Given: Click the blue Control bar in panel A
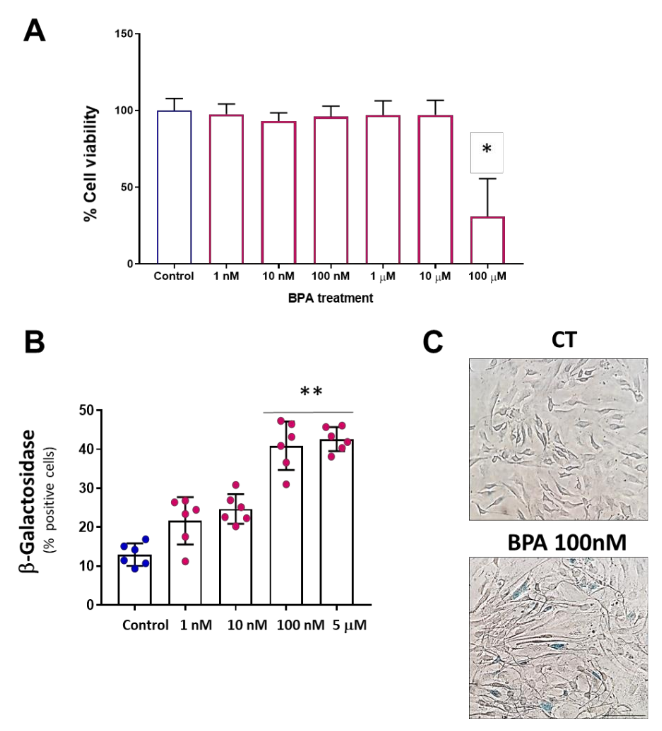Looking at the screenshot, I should tap(174, 187).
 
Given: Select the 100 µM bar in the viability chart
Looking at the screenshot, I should tap(487, 240).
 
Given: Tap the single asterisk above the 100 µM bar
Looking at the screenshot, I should tap(487, 149).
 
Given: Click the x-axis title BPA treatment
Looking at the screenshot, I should tap(330, 298).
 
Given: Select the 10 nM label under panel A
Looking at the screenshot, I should tap(278, 276).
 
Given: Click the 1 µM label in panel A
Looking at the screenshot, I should tap(383, 276).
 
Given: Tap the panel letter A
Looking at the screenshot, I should tap(34, 31).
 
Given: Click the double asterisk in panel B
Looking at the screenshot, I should tap(311, 391).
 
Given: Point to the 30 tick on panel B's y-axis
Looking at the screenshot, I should tap(86, 488).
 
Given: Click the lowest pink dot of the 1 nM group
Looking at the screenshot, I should tap(185, 562).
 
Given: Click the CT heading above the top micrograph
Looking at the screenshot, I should tap(564, 340).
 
